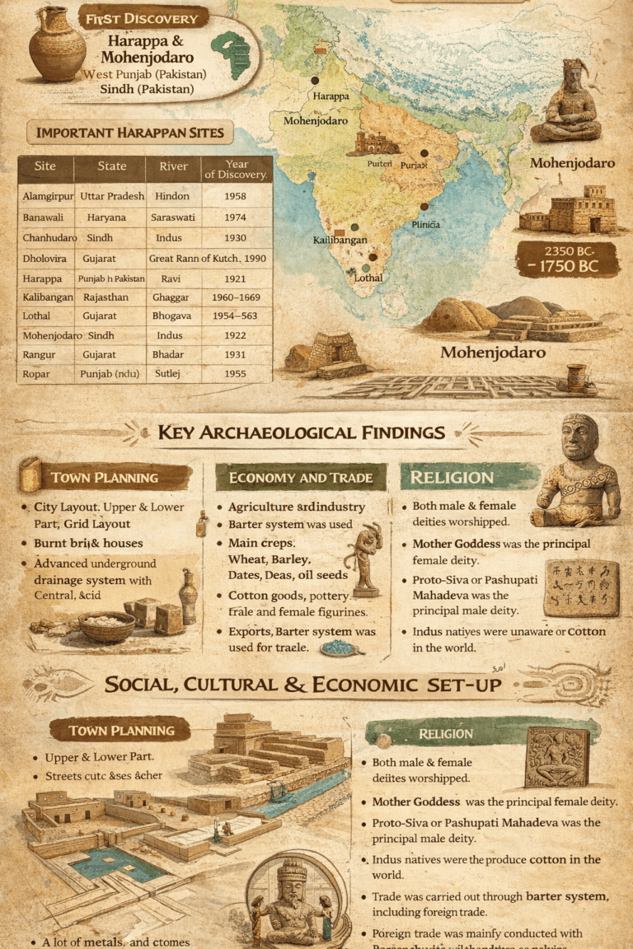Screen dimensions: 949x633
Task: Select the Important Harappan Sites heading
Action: pyautogui.click(x=130, y=133)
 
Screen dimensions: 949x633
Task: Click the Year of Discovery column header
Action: pyautogui.click(x=236, y=169)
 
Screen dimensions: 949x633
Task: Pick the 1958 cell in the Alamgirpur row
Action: pyautogui.click(x=236, y=196)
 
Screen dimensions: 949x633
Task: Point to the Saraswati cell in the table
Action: pyautogui.click(x=173, y=217)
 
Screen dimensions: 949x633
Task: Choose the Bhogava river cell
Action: pyautogui.click(x=172, y=316)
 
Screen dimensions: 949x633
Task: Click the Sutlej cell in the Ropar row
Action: pyautogui.click(x=172, y=373)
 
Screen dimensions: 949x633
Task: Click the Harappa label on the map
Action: pyautogui.click(x=331, y=96)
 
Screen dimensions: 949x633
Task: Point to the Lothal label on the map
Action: pyautogui.click(x=368, y=278)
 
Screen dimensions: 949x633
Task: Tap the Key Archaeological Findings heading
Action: pyautogui.click(x=301, y=432)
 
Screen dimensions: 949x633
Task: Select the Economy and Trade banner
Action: pyautogui.click(x=301, y=478)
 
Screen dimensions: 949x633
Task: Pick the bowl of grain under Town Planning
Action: pyautogui.click(x=107, y=626)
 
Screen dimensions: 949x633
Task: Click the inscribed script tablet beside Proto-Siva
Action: pyautogui.click(x=581, y=588)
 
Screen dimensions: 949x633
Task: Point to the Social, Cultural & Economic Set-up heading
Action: pyautogui.click(x=302, y=685)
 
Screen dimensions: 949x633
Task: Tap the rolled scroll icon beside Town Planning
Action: pyautogui.click(x=30, y=474)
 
